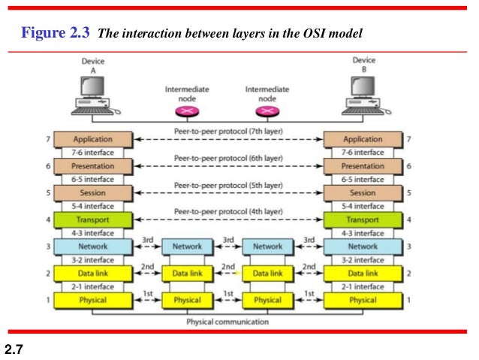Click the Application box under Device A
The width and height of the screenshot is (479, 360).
[92, 139]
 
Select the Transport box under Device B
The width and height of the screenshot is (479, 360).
[362, 220]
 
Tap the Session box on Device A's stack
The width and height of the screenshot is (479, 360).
[92, 192]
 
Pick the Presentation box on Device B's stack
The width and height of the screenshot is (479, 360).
[362, 166]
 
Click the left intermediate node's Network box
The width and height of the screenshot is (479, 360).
[187, 247]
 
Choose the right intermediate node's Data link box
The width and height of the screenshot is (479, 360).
[267, 274]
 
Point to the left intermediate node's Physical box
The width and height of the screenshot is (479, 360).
[187, 300]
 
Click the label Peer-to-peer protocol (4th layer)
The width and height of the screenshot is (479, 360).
[227, 213]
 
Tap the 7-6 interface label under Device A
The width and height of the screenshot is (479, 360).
[93, 153]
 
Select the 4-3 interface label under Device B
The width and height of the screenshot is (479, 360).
[363, 233]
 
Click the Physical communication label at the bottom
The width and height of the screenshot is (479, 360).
[227, 322]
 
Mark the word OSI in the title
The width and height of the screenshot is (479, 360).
[316, 34]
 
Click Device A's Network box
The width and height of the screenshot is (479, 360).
[92, 247]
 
